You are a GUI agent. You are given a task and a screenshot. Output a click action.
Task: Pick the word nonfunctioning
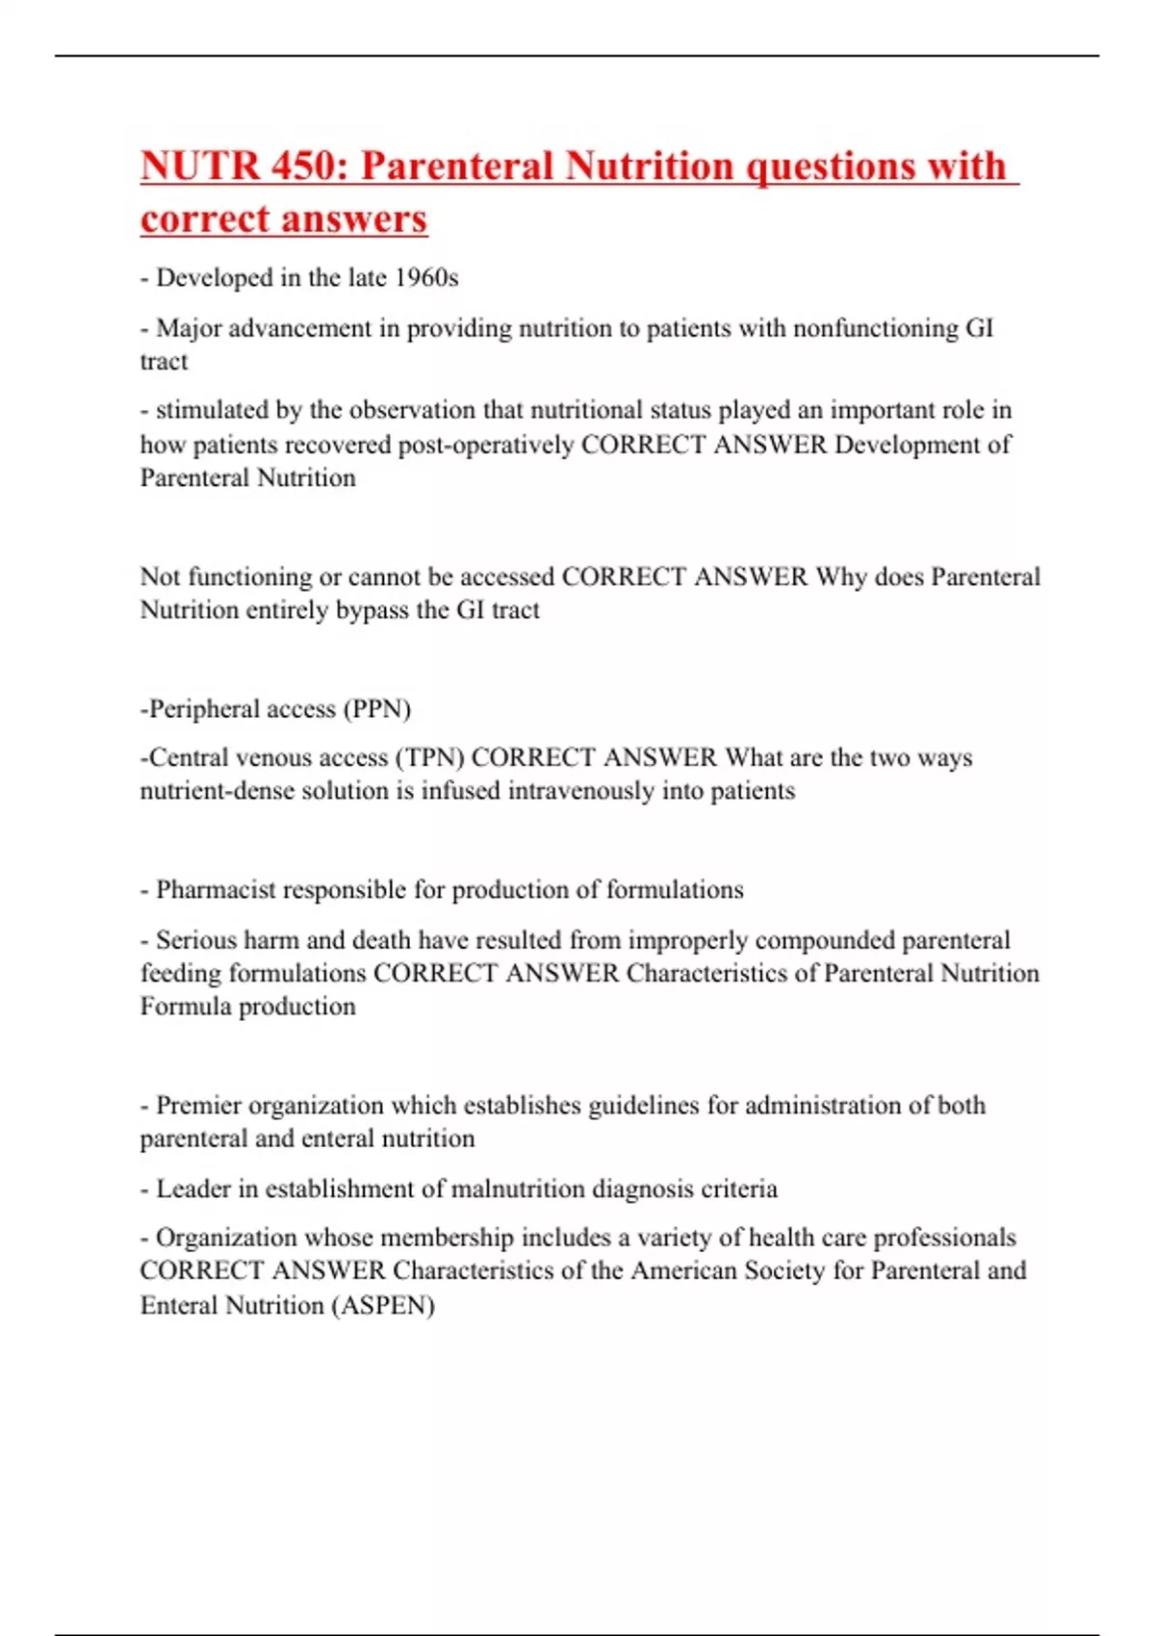(x=875, y=328)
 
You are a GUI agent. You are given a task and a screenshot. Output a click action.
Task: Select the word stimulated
(x=211, y=410)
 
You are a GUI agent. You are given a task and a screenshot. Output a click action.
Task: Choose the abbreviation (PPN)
(x=377, y=709)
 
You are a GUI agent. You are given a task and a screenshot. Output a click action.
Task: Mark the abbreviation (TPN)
(x=429, y=757)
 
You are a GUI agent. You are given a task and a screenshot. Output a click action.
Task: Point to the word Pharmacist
(x=218, y=890)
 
